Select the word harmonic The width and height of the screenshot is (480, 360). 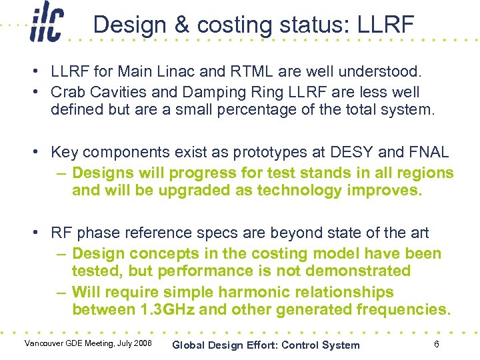tap(230, 293)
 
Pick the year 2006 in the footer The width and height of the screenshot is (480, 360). tap(141, 343)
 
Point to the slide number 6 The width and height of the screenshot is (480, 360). tap(436, 344)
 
